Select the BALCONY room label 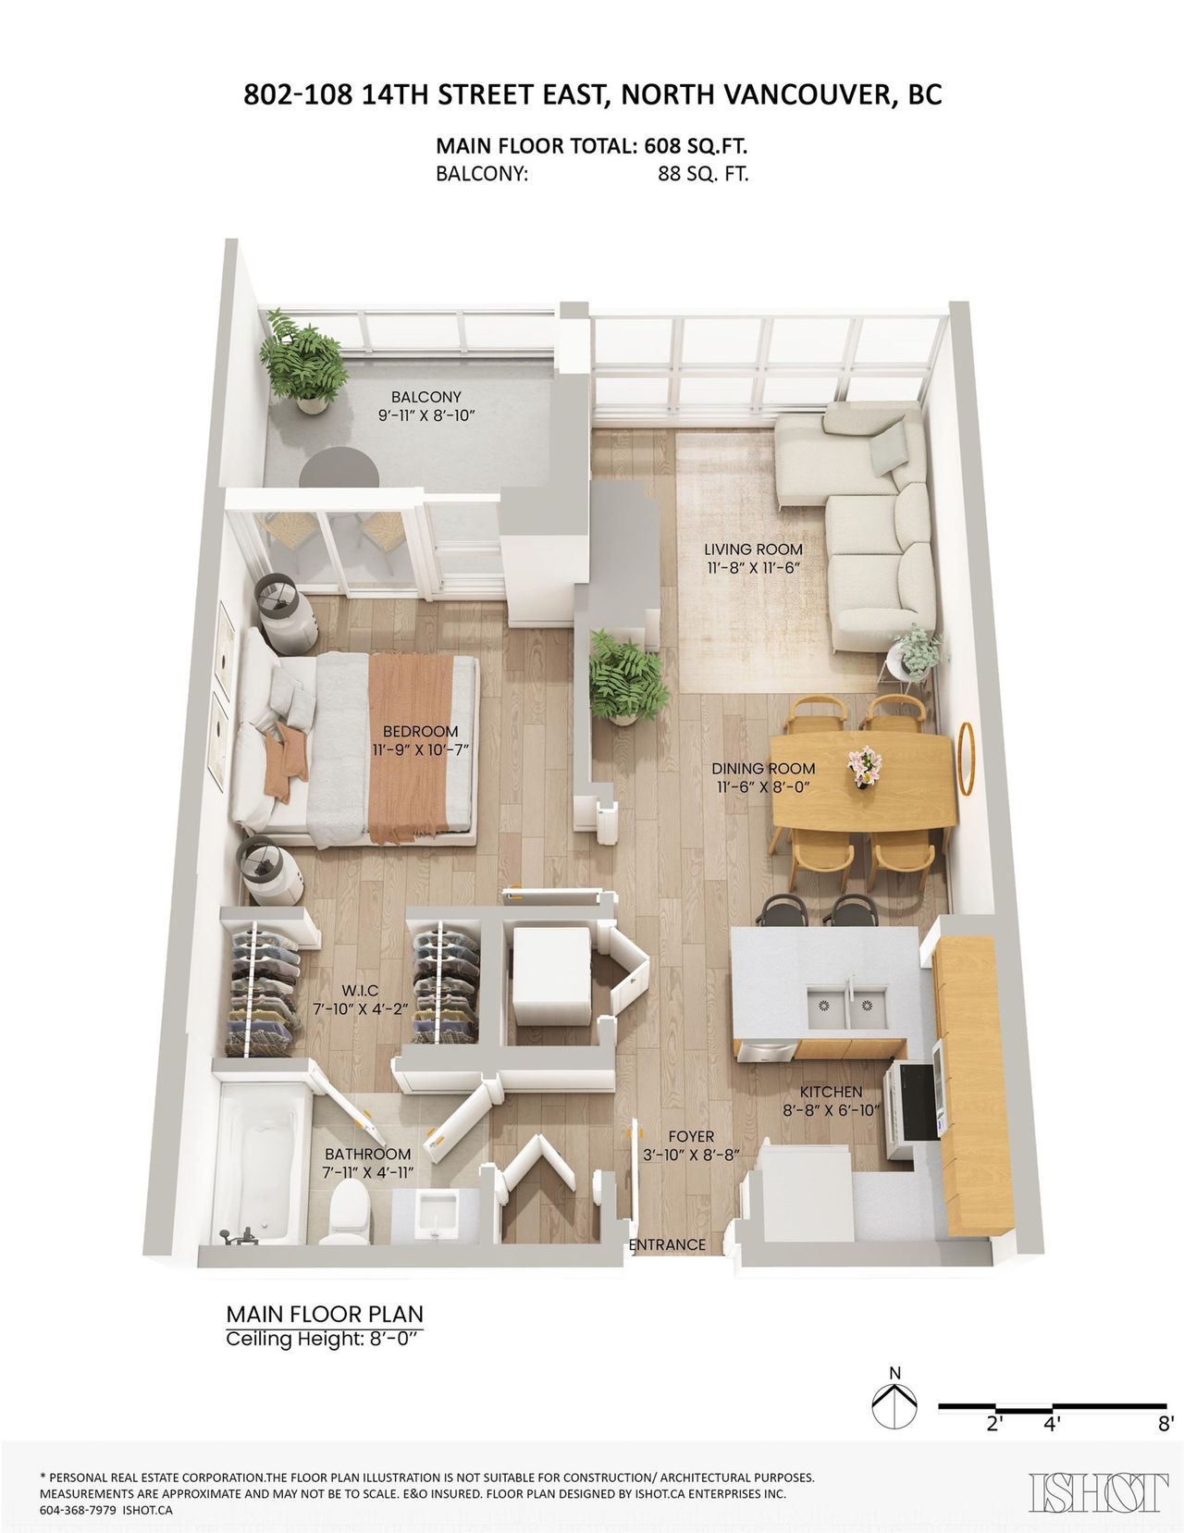425,397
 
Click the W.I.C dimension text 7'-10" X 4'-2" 361,1009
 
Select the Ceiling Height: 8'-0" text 325,1339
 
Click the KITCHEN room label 832,1092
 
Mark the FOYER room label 691,1137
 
